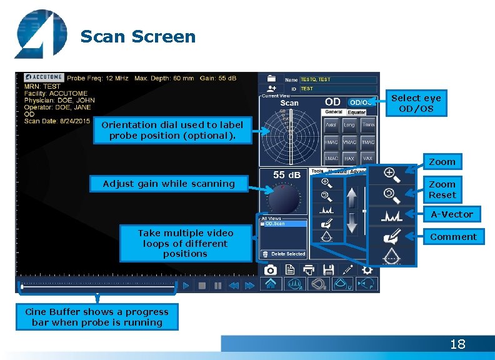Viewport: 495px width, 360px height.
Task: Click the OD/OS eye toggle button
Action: pyautogui.click(x=361, y=102)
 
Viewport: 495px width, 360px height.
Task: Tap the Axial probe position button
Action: pyautogui.click(x=331, y=125)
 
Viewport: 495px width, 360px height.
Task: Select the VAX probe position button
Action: pyautogui.click(x=368, y=159)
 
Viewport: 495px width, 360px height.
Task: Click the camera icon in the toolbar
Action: pyautogui.click(x=270, y=269)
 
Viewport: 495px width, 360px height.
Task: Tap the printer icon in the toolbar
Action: pyautogui.click(x=309, y=269)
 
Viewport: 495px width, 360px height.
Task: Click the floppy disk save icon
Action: pyautogui.click(x=328, y=269)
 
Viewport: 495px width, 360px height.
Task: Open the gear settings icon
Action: pyautogui.click(x=367, y=269)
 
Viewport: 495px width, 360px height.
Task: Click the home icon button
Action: pyautogui.click(x=271, y=285)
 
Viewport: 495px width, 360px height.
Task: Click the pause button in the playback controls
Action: pyautogui.click(x=217, y=286)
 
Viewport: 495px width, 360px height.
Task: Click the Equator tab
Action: pyautogui.click(x=356, y=112)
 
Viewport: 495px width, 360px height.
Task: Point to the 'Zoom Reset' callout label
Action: pyautogui.click(x=442, y=189)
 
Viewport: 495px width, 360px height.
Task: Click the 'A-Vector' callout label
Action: pyautogui.click(x=452, y=214)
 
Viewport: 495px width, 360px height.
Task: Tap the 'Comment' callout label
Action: pyautogui.click(x=453, y=237)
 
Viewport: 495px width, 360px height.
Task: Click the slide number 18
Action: pyautogui.click(x=457, y=344)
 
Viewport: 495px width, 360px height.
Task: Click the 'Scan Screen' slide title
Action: pyautogui.click(x=138, y=37)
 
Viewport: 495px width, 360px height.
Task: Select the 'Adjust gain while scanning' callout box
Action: pyautogui.click(x=169, y=184)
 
